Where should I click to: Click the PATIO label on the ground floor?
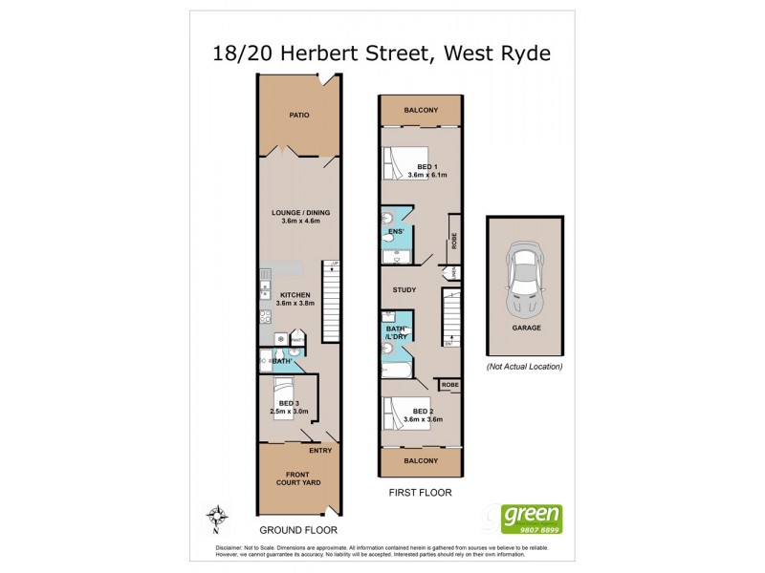(299, 116)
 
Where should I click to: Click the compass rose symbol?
(219, 516)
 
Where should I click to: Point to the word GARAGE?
(526, 328)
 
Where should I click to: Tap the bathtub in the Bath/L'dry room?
(396, 370)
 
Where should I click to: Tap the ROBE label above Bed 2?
(449, 385)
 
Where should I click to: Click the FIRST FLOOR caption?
(420, 493)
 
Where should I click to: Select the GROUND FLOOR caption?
(299, 529)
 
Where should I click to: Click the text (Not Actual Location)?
(525, 366)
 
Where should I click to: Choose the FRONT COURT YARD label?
(299, 479)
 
